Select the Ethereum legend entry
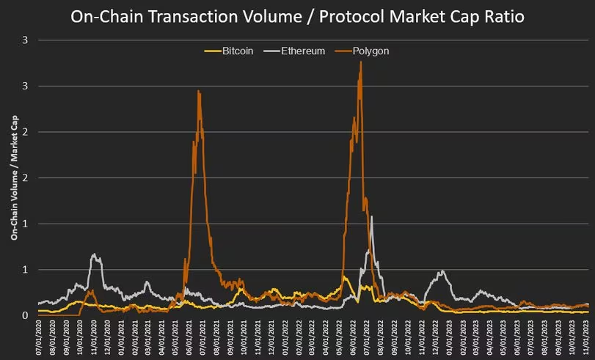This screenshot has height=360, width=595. coord(302,51)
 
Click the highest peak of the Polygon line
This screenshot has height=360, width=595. coord(360,62)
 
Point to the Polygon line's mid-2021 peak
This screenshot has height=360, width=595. coord(199,92)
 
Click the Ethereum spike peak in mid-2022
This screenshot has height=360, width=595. coord(372,217)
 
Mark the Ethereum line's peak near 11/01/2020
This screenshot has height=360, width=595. coord(94,254)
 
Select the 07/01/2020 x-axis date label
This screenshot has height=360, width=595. coord(38,339)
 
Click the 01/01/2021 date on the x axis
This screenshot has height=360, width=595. coord(120,339)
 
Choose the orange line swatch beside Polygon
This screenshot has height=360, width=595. coord(343,51)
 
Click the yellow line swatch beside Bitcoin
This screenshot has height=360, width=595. coord(211,51)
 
